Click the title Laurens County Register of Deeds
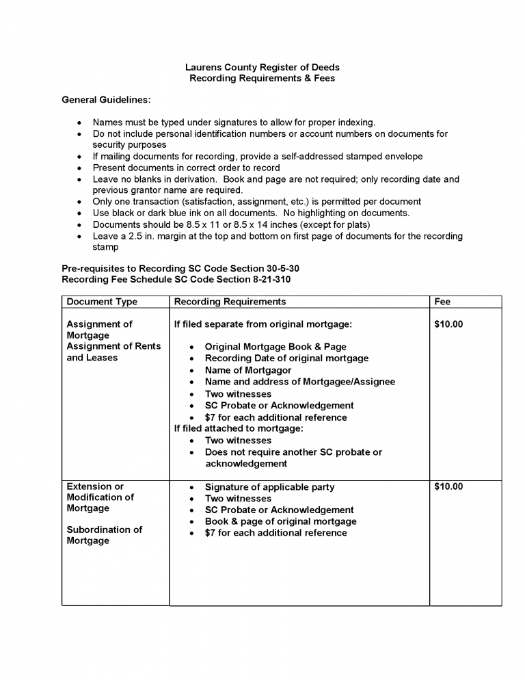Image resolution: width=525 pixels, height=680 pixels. pyautogui.click(x=262, y=67)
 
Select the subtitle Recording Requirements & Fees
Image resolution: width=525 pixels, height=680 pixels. pyautogui.click(x=262, y=78)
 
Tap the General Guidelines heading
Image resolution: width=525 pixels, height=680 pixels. pyautogui.click(x=106, y=100)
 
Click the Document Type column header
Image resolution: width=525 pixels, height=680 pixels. pyautogui.click(x=102, y=302)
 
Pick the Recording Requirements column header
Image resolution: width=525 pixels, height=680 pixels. pyautogui.click(x=230, y=302)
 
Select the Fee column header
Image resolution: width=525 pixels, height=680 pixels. pyautogui.click(x=442, y=302)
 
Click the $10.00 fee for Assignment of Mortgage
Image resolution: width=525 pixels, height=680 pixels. pyautogui.click(x=448, y=324)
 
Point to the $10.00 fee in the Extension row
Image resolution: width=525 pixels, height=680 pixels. pyautogui.click(x=448, y=486)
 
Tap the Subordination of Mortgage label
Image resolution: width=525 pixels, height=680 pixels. pyautogui.click(x=104, y=535)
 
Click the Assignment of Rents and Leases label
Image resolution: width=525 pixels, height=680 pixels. pyautogui.click(x=113, y=352)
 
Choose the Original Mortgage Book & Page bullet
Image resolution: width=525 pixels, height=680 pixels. pyautogui.click(x=275, y=347)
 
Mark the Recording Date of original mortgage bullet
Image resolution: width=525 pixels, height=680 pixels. pyautogui.click(x=286, y=358)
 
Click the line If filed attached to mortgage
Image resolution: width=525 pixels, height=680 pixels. pyautogui.click(x=239, y=428)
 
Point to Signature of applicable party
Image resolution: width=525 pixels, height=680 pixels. pyautogui.click(x=269, y=487)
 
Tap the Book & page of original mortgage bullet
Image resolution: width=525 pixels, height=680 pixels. pyautogui.click(x=280, y=521)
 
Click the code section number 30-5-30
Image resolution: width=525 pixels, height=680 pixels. pyautogui.click(x=277, y=269)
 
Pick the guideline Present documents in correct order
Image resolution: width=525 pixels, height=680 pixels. pyautogui.click(x=186, y=168)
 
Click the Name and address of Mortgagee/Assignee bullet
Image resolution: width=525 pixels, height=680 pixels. pyautogui.click(x=299, y=382)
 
